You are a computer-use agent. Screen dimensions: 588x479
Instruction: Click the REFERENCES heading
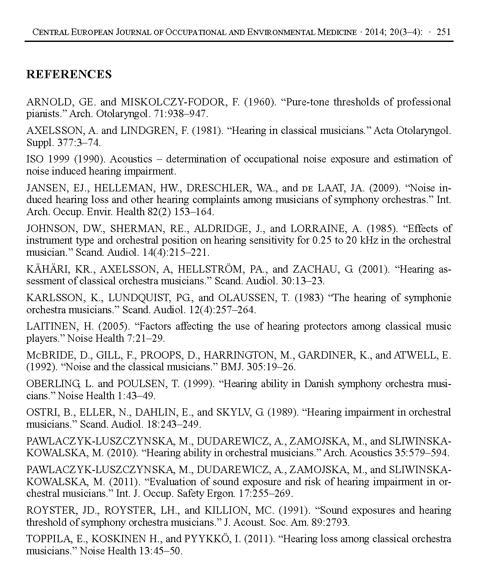[x=69, y=74]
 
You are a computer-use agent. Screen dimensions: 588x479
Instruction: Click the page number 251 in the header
[x=444, y=32]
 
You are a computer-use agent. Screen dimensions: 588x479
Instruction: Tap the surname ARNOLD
[x=47, y=102]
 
